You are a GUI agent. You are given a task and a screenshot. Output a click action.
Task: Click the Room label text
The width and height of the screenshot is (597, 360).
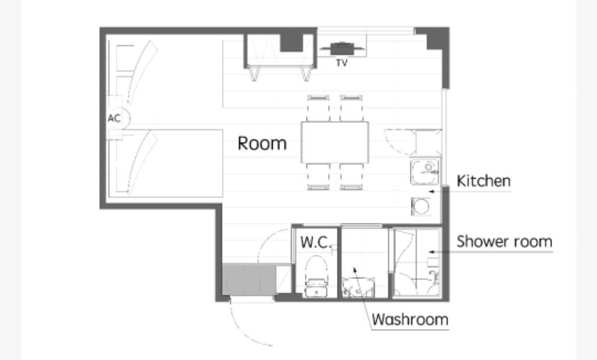click(262, 143)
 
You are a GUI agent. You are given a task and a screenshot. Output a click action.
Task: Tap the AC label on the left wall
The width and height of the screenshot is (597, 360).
click(114, 118)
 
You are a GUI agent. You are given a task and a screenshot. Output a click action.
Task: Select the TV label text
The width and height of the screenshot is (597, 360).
click(342, 63)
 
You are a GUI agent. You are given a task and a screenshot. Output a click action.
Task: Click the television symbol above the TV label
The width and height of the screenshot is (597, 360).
click(342, 48)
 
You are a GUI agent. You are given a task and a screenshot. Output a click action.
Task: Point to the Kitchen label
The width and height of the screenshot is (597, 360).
click(483, 181)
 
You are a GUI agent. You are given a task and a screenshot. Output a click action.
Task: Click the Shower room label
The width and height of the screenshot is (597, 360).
click(504, 242)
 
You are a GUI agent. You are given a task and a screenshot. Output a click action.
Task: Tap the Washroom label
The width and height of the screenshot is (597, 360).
click(410, 319)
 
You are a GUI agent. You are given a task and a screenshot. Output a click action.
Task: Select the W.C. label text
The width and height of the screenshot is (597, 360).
click(315, 242)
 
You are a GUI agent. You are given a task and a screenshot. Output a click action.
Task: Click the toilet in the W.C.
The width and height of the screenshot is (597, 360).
click(317, 276)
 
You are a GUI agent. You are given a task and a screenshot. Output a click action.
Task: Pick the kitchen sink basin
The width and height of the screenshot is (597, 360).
click(425, 172)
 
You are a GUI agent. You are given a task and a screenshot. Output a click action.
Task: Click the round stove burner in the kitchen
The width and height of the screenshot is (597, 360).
click(421, 207)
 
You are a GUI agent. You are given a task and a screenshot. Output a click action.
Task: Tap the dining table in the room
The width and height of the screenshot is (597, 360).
click(335, 142)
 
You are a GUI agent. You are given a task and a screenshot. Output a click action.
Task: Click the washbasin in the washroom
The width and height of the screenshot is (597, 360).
click(358, 287)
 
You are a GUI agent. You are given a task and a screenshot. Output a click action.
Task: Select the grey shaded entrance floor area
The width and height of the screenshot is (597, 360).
click(249, 279)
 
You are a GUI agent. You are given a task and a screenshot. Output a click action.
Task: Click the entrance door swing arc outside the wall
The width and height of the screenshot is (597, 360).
click(244, 328)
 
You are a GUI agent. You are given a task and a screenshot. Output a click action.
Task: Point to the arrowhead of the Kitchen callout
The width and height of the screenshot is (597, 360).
click(431, 191)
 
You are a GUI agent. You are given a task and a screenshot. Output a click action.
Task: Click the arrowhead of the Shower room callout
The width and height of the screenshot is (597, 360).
click(431, 252)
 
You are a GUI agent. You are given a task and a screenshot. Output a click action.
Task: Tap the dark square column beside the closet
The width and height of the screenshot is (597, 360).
click(292, 42)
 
